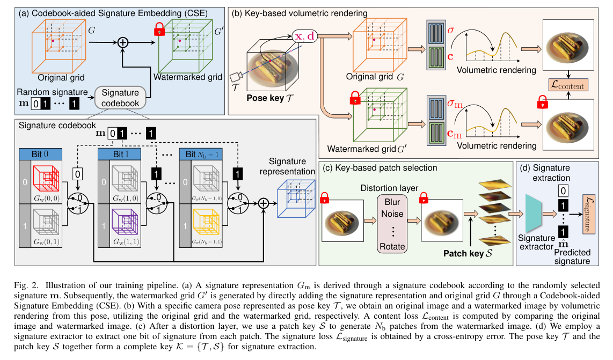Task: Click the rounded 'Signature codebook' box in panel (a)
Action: click(120, 98)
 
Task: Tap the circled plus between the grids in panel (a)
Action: click(124, 42)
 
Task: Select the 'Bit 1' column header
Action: click(119, 154)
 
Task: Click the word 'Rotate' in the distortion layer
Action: click(391, 246)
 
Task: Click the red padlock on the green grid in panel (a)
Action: click(159, 31)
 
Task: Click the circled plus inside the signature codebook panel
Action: click(263, 203)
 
